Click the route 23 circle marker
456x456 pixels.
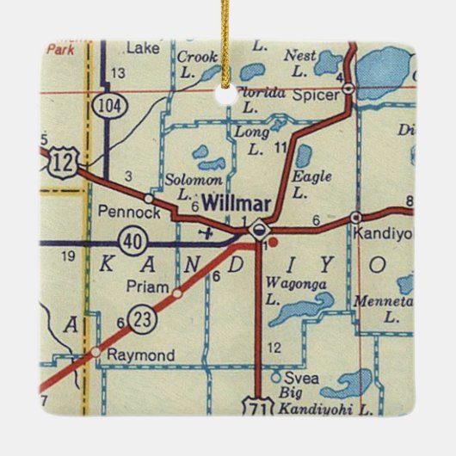click(140, 318)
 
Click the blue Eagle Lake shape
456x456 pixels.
click(304, 156)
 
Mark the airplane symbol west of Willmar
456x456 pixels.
click(204, 231)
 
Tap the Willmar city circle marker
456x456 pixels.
click(258, 231)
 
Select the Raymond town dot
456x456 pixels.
click(97, 353)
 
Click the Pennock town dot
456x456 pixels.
click(149, 199)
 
